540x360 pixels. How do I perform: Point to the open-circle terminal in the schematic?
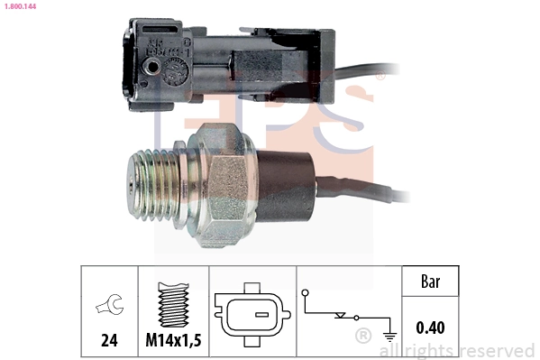point(305,292)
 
